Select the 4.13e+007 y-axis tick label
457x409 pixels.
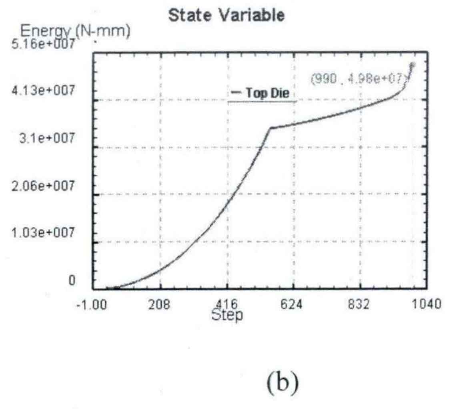(48, 91)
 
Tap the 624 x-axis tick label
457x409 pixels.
(293, 304)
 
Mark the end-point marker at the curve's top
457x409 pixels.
(412, 65)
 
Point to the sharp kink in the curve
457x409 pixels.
(271, 128)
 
